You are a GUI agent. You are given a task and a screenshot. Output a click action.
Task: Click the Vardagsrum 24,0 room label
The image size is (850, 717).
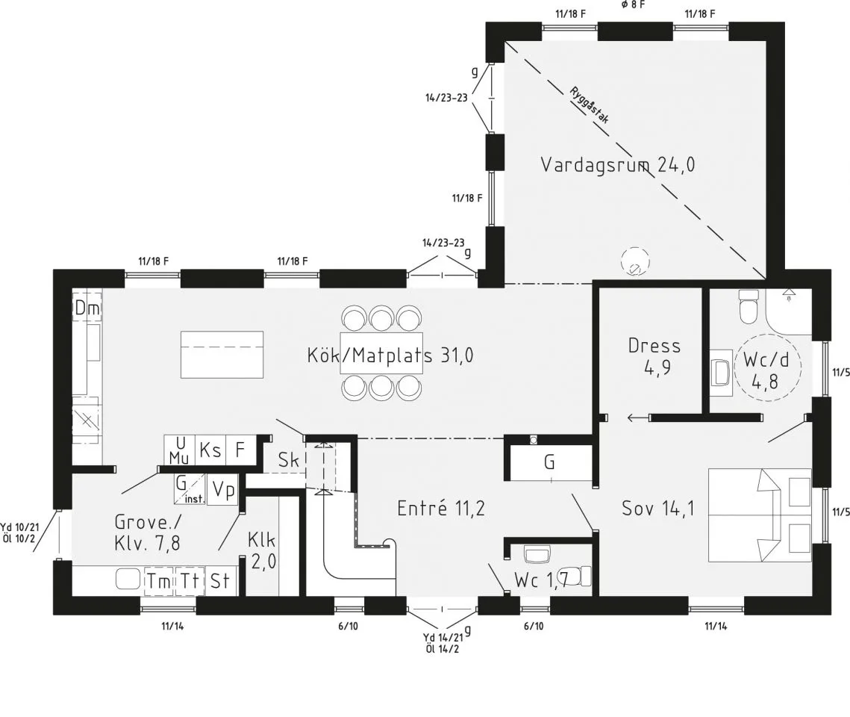tap(617, 164)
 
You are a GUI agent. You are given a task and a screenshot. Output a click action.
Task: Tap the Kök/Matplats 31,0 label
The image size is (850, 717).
tap(390, 356)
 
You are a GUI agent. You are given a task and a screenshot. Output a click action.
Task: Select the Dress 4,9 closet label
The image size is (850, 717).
tap(654, 357)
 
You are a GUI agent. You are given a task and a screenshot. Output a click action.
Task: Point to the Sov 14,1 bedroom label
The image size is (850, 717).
tap(657, 508)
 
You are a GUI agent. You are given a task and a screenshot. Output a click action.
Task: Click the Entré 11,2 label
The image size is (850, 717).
tap(441, 508)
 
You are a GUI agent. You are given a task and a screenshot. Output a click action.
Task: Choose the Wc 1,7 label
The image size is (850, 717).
tap(541, 580)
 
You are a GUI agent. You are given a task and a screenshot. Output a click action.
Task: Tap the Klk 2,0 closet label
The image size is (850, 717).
tap(263, 550)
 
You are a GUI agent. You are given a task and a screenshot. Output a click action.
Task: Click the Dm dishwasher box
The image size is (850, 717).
tap(87, 308)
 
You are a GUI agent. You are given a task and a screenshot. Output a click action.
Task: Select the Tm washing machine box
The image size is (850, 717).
tap(159, 581)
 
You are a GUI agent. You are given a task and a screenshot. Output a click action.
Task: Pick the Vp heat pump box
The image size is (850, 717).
tap(223, 490)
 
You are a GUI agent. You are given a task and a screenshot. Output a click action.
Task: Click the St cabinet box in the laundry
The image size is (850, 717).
tap(219, 581)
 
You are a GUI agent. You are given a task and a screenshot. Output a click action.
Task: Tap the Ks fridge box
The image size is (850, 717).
tap(210, 450)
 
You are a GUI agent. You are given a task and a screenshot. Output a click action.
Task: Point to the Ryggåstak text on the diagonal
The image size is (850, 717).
tap(590, 105)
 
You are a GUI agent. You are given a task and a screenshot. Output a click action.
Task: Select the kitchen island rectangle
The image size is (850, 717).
tap(222, 355)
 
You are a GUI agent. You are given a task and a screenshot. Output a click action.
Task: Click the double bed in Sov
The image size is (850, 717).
tap(760, 515)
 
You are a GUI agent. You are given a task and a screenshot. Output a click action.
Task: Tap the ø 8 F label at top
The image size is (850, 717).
tap(633, 4)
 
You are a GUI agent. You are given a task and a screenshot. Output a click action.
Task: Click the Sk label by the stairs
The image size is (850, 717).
tap(288, 460)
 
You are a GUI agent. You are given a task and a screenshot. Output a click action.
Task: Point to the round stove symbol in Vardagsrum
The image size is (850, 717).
tap(635, 262)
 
